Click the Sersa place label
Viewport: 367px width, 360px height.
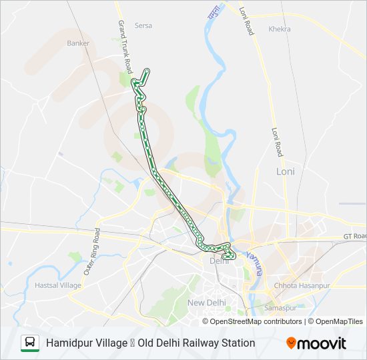(143, 25)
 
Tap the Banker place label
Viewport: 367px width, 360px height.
(78, 43)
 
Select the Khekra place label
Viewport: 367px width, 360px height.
(280, 29)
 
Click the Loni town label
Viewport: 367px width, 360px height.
(285, 171)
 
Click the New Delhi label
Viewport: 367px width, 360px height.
(206, 303)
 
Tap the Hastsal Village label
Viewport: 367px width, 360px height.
(57, 285)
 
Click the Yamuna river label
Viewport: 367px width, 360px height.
(254, 263)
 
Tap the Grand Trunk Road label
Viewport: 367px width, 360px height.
(125, 47)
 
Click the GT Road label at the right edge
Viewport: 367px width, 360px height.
(355, 236)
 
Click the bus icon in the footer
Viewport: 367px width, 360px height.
(30, 343)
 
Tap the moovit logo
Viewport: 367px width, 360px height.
(316, 343)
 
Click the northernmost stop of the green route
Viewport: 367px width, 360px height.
(147, 70)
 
